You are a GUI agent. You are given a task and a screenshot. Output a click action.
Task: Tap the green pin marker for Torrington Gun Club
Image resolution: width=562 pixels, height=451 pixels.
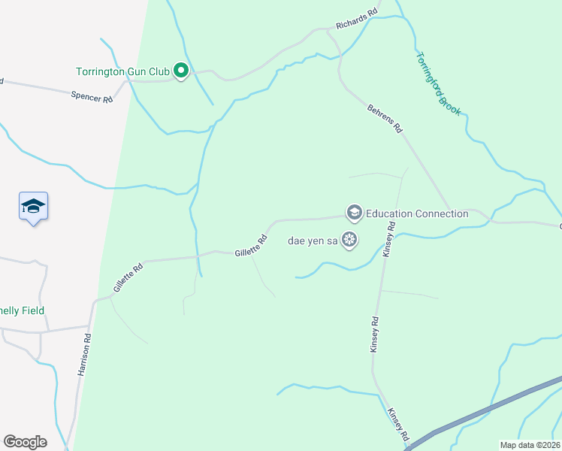pyautogui.click(x=180, y=71)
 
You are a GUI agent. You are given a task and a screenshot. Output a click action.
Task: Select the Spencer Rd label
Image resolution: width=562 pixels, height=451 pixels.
pyautogui.click(x=92, y=97)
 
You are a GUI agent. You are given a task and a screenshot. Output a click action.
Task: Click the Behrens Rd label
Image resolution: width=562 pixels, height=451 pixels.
pyautogui.click(x=385, y=119)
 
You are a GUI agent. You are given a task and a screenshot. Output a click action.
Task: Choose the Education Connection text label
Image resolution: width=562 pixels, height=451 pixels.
pyautogui.click(x=417, y=213)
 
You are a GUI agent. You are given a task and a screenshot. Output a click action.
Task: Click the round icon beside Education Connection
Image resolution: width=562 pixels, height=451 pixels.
pyautogui.click(x=354, y=213)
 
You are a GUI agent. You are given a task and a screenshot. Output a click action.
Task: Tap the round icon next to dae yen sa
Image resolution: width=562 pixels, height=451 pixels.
pyautogui.click(x=349, y=241)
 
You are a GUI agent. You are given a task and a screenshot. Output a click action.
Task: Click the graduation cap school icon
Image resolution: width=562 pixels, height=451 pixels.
pyautogui.click(x=33, y=206)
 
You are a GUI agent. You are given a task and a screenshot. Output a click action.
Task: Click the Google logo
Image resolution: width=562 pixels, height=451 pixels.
pyautogui.click(x=25, y=442)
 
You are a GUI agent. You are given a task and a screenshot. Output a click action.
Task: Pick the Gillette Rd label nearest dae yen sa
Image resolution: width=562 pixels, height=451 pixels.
pyautogui.click(x=251, y=247)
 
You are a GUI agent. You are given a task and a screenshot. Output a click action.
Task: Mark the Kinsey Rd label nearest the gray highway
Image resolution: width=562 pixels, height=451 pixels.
pyautogui.click(x=398, y=425)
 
